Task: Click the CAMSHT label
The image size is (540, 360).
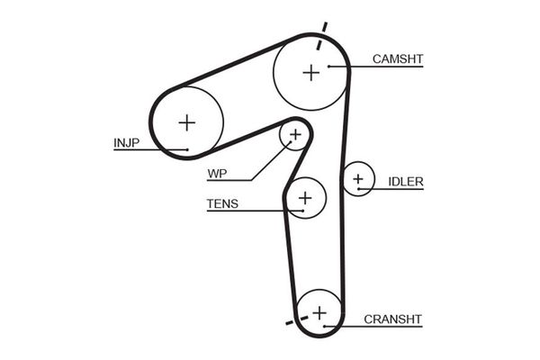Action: point(398,59)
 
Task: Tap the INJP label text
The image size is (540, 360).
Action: point(127,141)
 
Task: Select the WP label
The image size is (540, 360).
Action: point(217,173)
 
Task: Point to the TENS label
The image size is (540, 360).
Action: point(222,203)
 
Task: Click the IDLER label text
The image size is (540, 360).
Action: point(406,182)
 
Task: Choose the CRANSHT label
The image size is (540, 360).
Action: point(392,319)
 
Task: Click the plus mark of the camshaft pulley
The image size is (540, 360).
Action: point(311,72)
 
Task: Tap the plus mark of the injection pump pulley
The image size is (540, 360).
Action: point(186,121)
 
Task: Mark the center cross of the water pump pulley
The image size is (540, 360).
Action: point(294,135)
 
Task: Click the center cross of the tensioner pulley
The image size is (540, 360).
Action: point(305,196)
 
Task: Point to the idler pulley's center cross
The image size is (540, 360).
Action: point(359,179)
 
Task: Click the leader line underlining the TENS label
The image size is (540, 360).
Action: point(243,211)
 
